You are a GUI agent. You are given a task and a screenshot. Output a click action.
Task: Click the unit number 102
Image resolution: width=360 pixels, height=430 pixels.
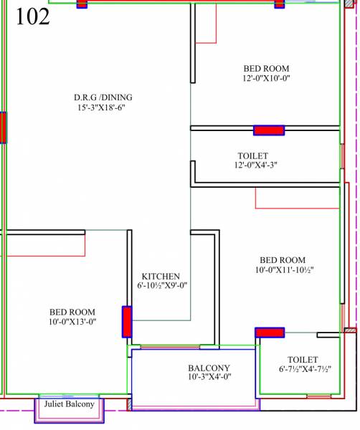(x=33, y=17)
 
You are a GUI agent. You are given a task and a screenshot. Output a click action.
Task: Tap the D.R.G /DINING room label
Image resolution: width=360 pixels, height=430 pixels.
(x=103, y=97)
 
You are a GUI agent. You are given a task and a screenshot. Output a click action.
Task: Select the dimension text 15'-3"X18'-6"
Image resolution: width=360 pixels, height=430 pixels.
(x=103, y=108)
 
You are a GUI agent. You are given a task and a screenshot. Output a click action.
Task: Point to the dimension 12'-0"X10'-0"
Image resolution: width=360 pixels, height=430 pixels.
(x=265, y=79)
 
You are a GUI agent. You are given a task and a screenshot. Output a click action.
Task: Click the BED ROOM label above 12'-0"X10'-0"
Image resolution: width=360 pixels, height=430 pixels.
(x=265, y=69)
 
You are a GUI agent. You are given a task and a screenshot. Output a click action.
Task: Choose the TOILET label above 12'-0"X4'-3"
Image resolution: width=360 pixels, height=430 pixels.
(x=252, y=156)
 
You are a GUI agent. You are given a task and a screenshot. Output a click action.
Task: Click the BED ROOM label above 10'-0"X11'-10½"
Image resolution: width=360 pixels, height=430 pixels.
(x=282, y=260)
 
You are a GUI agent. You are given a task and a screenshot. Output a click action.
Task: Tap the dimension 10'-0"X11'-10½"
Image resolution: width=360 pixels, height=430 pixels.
(x=285, y=270)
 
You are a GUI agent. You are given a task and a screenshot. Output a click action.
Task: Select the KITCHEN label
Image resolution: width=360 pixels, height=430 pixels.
(x=160, y=276)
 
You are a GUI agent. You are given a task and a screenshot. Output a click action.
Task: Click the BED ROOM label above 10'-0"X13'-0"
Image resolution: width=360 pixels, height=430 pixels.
(x=72, y=312)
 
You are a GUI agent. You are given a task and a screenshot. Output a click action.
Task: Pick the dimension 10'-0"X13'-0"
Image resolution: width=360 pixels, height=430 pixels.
(x=72, y=322)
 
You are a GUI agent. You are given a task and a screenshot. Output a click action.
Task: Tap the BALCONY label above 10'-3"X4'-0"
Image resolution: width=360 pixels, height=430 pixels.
(x=209, y=368)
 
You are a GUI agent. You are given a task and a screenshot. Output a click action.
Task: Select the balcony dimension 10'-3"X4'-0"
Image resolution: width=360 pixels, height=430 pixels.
(x=209, y=377)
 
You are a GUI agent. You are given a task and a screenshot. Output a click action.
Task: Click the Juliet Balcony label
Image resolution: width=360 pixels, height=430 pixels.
(x=70, y=405)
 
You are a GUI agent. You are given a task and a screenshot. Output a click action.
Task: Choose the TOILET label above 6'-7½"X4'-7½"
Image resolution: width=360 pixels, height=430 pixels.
(x=302, y=360)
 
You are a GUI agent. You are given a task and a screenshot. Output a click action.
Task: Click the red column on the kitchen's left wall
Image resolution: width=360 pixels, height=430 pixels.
(x=127, y=322)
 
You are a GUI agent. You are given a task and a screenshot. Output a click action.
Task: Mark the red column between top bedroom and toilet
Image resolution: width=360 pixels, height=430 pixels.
(x=269, y=130)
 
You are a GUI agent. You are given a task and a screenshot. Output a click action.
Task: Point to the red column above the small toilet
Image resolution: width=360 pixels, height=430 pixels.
(x=270, y=333)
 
